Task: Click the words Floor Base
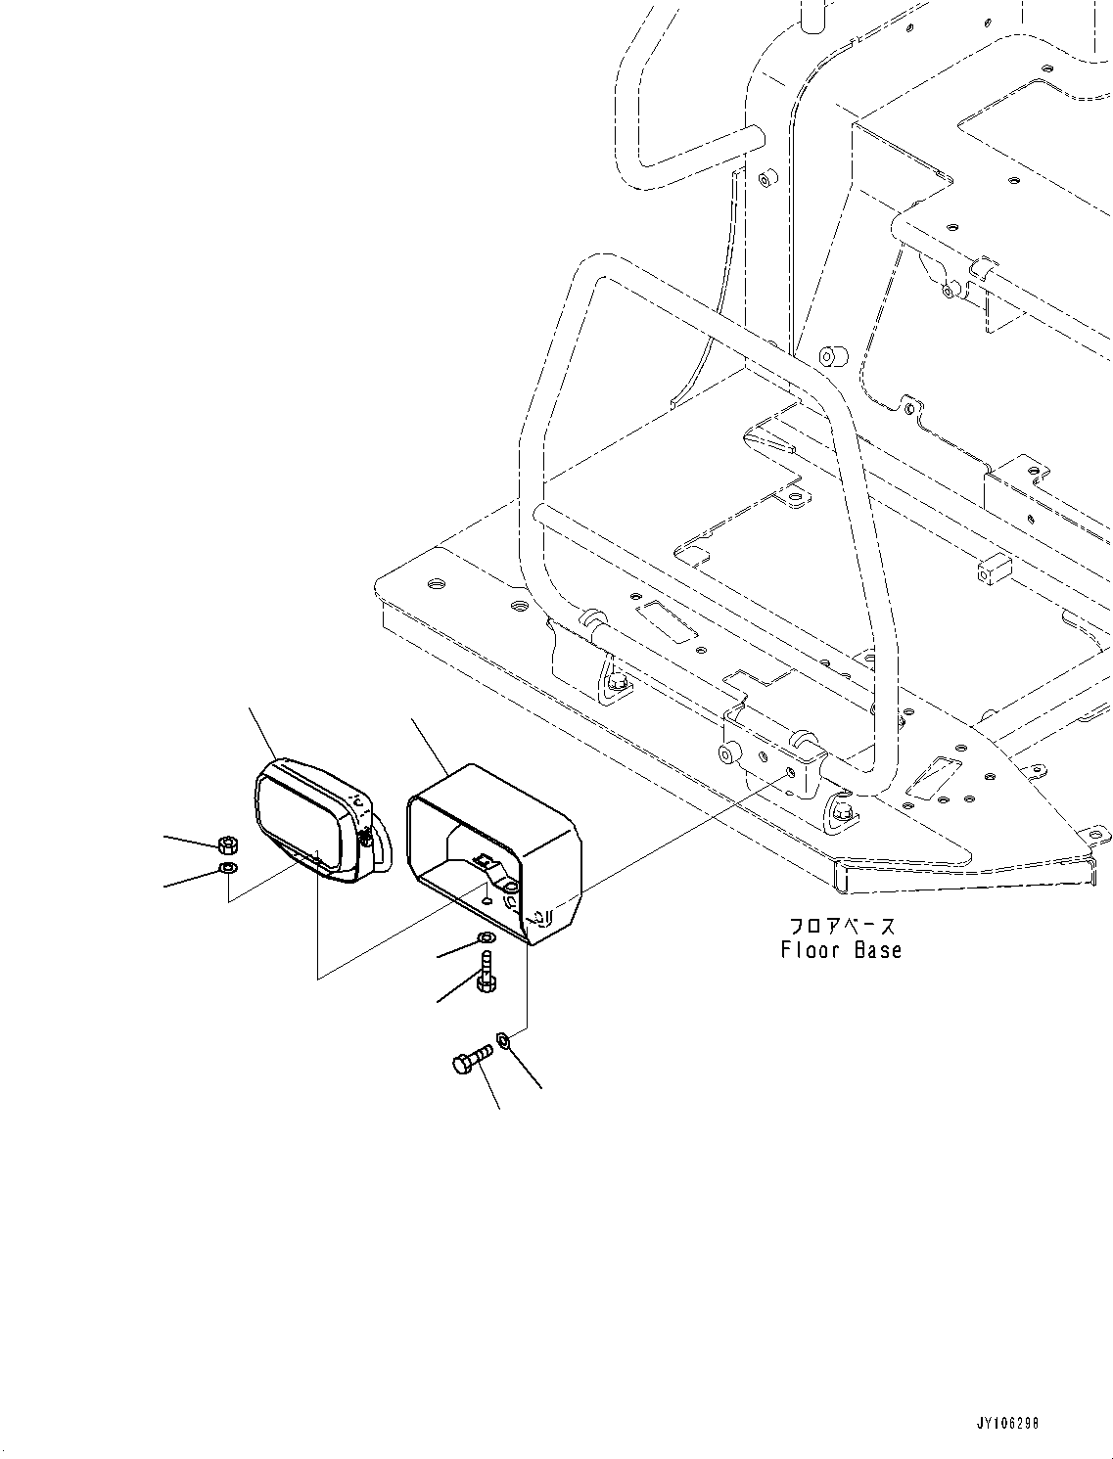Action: pos(841,949)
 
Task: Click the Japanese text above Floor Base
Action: pos(842,926)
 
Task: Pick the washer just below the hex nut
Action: pos(227,867)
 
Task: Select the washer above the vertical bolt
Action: pos(485,939)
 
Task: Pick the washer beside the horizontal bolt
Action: pos(503,1039)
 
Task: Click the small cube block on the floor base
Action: pos(992,569)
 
